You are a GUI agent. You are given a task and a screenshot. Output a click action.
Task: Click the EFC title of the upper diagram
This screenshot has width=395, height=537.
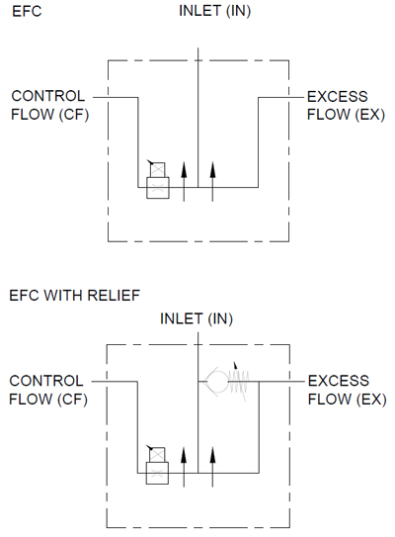[x=27, y=11]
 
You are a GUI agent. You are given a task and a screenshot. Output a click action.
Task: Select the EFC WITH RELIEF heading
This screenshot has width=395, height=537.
[x=74, y=296]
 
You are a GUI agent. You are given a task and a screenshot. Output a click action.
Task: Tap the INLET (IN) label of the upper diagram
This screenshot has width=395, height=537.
[x=214, y=11]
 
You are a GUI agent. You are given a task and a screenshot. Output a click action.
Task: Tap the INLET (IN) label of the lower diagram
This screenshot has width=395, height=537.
[x=197, y=318]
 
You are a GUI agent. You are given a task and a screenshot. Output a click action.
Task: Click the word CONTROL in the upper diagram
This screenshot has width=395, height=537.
[x=47, y=96]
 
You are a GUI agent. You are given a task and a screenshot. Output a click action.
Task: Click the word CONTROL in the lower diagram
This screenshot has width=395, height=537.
[x=46, y=381]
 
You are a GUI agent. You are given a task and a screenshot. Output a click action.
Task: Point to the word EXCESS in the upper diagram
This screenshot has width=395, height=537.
[x=337, y=97]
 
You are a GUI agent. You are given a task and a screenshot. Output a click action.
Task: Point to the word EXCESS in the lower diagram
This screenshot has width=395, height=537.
[x=339, y=381]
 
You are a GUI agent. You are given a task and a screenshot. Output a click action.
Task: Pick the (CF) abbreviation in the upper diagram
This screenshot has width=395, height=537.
[x=74, y=115]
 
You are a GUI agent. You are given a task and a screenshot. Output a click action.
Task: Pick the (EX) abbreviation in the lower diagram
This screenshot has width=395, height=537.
[x=370, y=400]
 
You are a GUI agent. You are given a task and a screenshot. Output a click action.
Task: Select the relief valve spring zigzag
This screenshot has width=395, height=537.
[x=239, y=382]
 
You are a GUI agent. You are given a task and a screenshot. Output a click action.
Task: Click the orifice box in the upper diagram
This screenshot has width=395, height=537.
[x=158, y=188]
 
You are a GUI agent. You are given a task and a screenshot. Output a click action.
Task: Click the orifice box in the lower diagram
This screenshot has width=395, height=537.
[x=157, y=473]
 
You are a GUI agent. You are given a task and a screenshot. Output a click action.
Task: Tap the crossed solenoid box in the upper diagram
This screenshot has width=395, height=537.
[x=157, y=170]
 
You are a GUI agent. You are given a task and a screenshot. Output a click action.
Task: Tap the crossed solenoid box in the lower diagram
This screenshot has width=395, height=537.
[x=157, y=455]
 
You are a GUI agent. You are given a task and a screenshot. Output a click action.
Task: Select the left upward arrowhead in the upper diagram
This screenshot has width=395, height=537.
[x=184, y=170]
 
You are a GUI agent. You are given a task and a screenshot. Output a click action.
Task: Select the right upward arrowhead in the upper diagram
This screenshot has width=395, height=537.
[x=212, y=170]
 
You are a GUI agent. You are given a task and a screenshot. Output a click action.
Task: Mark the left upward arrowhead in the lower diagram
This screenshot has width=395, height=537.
[x=184, y=455]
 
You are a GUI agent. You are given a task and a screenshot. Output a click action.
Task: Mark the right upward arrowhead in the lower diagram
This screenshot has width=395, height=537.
[x=212, y=455]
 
